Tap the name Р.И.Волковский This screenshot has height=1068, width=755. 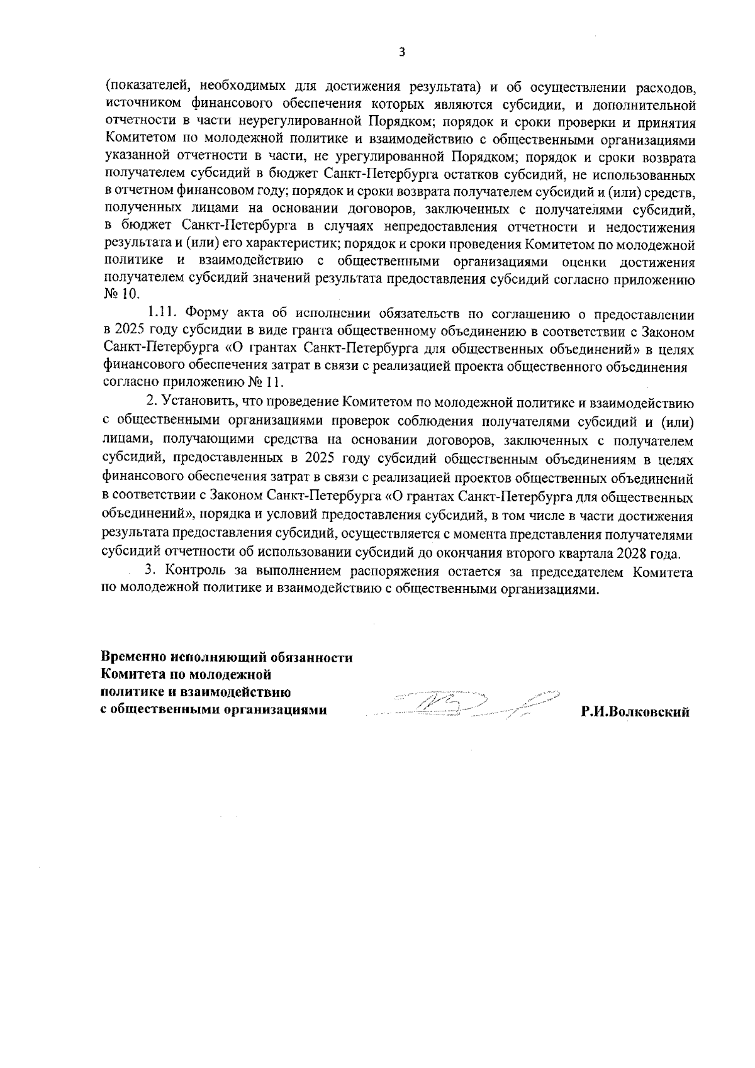635,713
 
